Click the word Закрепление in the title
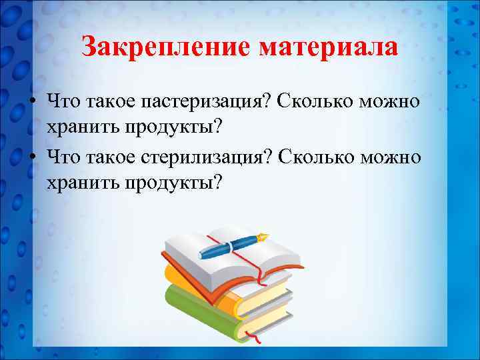165,47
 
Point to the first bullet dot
32,102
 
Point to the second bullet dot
32,158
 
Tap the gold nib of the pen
263,237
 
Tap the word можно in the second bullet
392,158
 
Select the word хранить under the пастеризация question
77,125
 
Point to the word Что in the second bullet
61,158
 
